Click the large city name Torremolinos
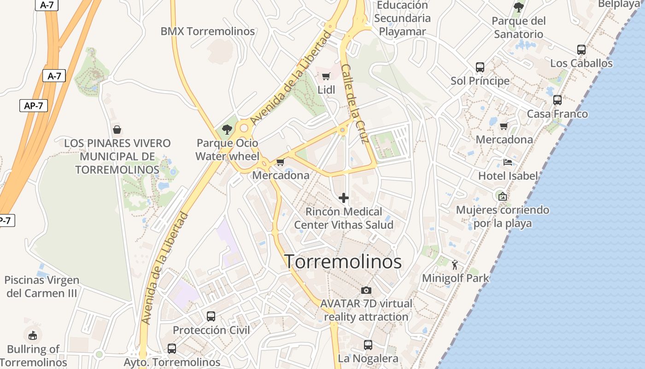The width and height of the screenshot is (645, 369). (x=343, y=262)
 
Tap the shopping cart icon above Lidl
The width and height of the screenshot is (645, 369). (x=326, y=77)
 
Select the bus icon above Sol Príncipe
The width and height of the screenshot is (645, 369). (x=480, y=67)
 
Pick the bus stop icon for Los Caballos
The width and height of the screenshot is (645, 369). (x=581, y=50)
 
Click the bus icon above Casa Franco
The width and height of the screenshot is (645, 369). (x=557, y=100)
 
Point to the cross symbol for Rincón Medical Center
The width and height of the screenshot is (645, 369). (x=344, y=198)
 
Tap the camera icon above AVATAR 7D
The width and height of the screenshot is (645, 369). (x=366, y=290)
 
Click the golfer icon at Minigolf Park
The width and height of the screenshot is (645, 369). (x=455, y=265)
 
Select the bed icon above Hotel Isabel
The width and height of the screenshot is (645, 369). (x=508, y=162)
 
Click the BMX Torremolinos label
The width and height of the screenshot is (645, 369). (x=207, y=31)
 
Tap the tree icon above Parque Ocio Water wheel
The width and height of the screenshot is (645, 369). (x=227, y=130)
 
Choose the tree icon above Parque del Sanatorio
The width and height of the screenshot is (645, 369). (x=519, y=7)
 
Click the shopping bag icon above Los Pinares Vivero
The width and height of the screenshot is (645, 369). (x=117, y=130)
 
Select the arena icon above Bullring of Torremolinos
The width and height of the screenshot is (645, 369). (x=33, y=335)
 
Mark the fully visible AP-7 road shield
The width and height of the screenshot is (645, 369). (x=34, y=106)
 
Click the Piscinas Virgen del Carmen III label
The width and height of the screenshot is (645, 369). (x=42, y=286)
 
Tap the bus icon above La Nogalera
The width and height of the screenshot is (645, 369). (x=368, y=345)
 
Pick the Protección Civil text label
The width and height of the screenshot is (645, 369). (x=211, y=330)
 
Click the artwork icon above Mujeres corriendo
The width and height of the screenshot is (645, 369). (x=503, y=196)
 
